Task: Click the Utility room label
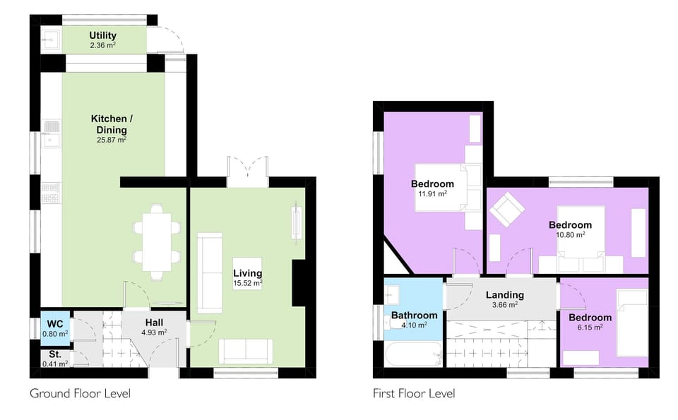(x=103, y=35)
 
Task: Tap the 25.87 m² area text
(x=112, y=140)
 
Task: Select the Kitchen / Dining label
(x=112, y=124)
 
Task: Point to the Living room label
(x=248, y=273)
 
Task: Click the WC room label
(x=54, y=324)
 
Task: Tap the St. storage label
(x=55, y=354)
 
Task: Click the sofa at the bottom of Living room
(x=245, y=351)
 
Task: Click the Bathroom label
(x=415, y=316)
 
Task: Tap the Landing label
(x=504, y=295)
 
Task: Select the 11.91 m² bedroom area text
(x=433, y=194)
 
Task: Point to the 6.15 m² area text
(x=590, y=328)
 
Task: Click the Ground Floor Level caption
(x=80, y=393)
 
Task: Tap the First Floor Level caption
(x=414, y=393)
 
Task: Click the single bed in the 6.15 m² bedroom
(x=632, y=323)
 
